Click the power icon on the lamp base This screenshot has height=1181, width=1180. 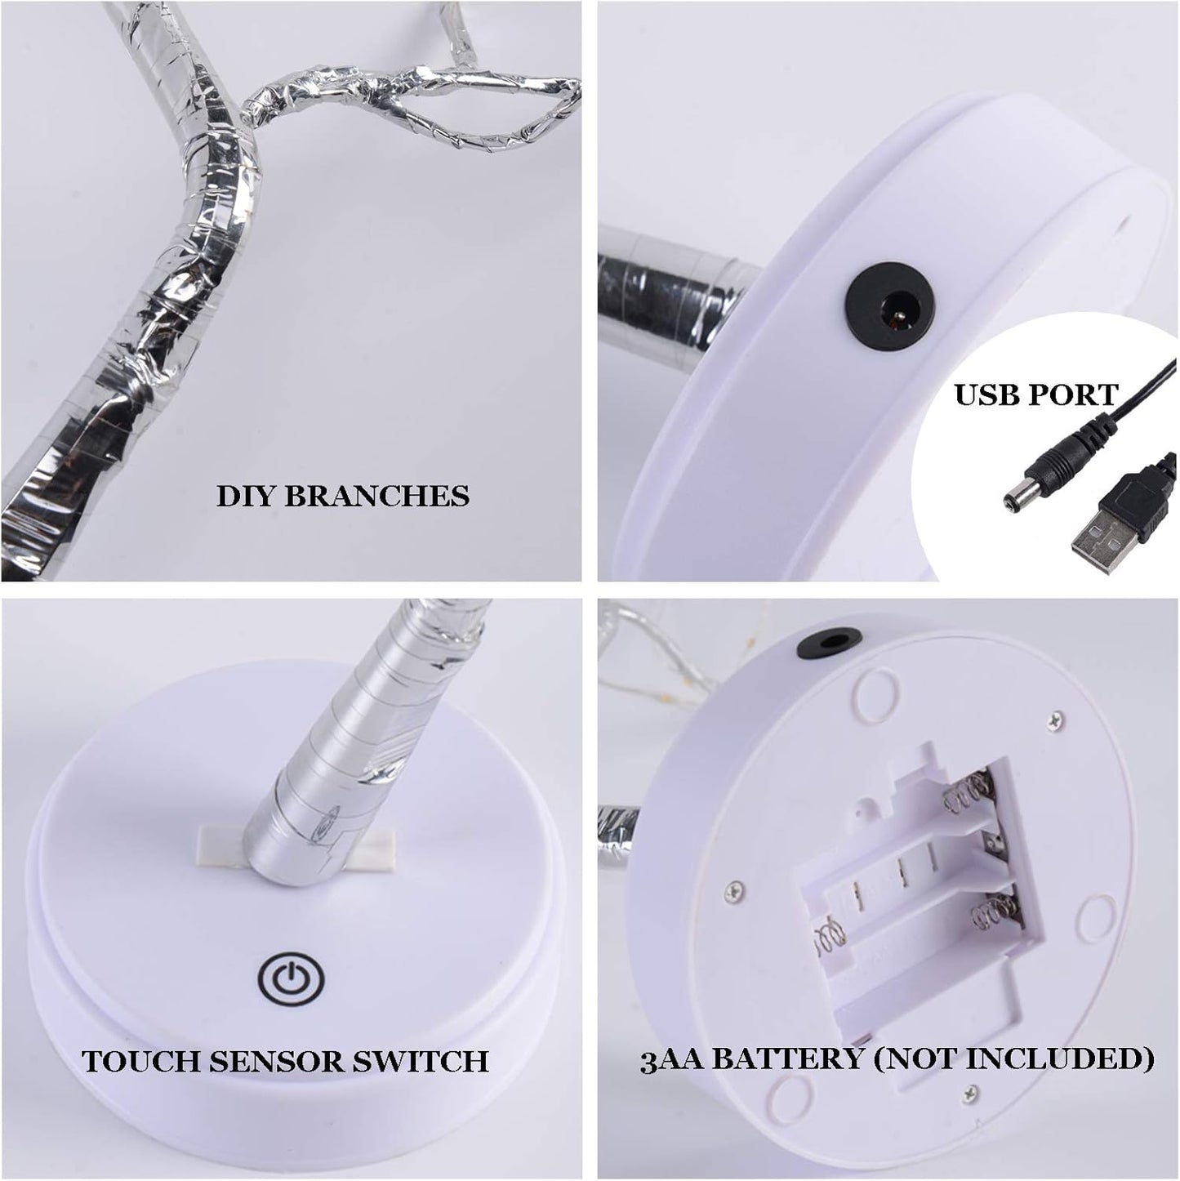point(291,976)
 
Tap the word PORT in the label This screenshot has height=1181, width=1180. point(1076,394)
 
